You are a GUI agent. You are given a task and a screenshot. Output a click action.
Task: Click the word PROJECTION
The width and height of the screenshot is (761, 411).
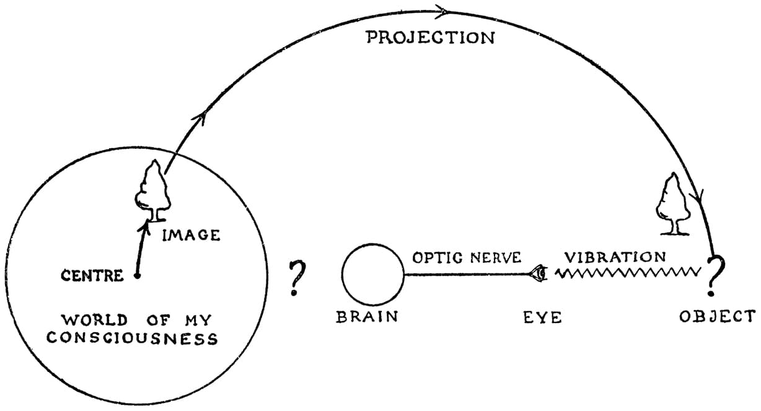point(431,37)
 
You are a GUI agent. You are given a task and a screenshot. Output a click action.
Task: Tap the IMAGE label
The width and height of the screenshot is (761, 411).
point(191,235)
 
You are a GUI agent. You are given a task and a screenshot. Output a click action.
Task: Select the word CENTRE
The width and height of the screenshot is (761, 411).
point(92,275)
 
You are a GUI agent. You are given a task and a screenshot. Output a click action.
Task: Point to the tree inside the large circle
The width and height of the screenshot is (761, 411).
point(152,190)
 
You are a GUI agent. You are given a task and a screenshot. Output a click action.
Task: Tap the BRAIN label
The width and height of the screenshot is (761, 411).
point(367,317)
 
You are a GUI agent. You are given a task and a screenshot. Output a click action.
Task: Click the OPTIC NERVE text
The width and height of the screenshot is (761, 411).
point(467,257)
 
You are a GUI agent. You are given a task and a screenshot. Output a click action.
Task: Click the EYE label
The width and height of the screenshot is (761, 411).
point(542,317)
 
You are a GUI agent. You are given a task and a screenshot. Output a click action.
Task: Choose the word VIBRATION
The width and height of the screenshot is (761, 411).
point(615,256)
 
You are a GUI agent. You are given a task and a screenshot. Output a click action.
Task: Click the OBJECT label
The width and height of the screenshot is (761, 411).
point(717,316)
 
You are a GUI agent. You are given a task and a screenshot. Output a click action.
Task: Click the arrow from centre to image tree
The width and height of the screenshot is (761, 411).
point(143,248)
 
